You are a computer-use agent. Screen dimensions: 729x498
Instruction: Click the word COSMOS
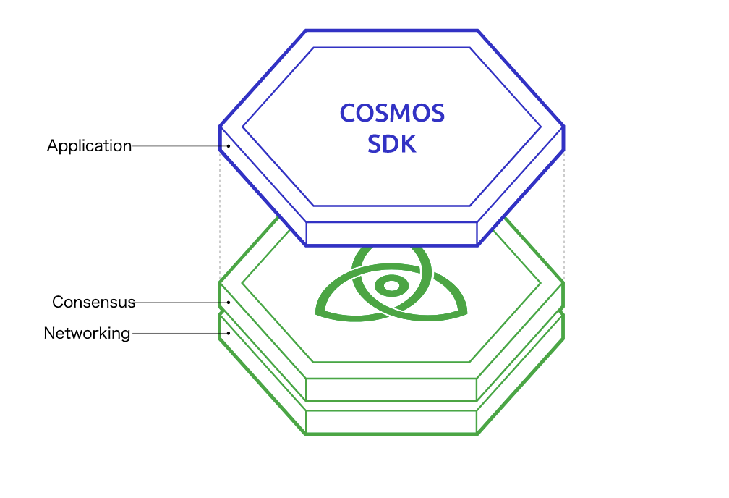392,113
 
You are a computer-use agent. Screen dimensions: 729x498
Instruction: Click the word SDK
392,144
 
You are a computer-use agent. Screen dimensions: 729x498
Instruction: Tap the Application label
89,146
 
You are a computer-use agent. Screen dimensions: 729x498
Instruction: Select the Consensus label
93,302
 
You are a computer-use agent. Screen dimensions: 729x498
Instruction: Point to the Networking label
87,334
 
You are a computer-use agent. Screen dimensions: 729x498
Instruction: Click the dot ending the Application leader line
229,146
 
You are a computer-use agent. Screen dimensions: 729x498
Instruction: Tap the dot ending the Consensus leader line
229,303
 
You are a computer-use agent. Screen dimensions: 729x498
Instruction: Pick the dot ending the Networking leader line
229,333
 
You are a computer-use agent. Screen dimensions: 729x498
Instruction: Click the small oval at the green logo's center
391,286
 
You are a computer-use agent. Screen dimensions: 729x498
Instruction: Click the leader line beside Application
180,146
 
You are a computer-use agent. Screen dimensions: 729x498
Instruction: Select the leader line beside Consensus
182,303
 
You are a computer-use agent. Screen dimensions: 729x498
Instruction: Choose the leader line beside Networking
180,333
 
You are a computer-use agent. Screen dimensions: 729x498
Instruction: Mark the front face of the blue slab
391,234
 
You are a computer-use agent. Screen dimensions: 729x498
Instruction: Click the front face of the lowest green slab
391,422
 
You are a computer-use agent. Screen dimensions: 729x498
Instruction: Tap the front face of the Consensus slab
391,389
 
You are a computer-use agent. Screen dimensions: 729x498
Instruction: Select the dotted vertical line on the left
220,216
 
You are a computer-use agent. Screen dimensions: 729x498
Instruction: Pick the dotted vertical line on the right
564,216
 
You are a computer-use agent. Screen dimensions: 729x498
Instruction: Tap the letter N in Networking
49,333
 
